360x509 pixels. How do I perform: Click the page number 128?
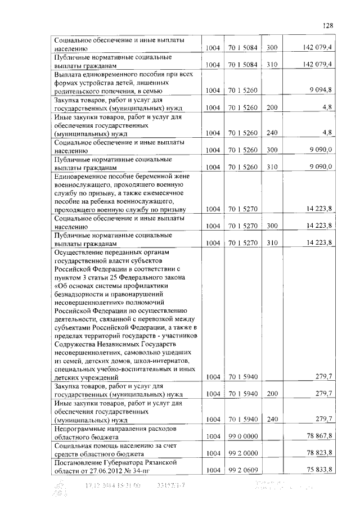click(x=328, y=25)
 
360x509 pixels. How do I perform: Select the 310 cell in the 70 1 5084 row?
click(x=272, y=65)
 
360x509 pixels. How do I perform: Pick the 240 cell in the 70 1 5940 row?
click(x=272, y=419)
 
